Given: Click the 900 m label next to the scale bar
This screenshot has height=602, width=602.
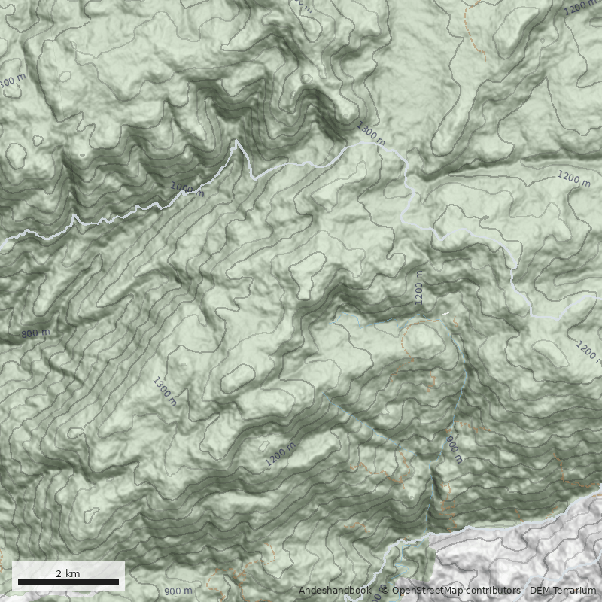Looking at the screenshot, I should (178, 591).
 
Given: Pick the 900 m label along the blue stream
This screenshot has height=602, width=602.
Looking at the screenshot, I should (454, 448).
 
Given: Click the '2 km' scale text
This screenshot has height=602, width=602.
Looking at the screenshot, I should (68, 573).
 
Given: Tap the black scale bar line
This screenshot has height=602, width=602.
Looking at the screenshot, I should (68, 582).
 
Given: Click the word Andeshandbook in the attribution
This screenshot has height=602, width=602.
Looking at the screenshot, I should (334, 591).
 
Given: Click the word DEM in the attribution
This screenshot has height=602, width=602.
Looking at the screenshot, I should (540, 591).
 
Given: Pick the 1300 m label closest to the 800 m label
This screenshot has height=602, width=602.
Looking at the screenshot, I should (164, 391).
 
